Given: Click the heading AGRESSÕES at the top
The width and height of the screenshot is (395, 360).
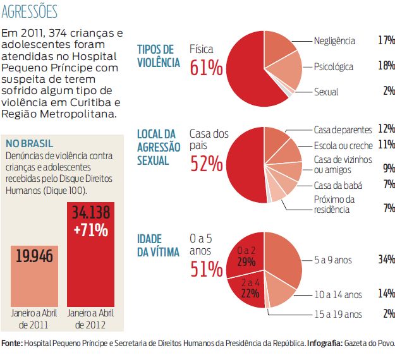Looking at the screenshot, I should coord(30,11).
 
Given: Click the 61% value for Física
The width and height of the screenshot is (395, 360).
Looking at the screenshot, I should coord(206,68).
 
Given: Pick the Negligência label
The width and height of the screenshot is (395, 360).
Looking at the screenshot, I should coord(334,41).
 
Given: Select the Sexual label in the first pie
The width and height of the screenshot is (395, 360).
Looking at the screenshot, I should coord(326,92).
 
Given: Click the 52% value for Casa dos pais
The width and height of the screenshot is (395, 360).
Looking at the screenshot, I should coord(206,164).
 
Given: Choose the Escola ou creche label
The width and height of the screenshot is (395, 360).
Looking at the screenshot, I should coord(343,145).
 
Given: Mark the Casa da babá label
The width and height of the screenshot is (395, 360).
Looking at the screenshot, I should coord(337,185).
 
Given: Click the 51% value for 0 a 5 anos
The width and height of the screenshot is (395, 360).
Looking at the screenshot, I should coord(206,268).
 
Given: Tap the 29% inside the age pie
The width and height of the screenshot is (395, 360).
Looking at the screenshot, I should coord(245,261).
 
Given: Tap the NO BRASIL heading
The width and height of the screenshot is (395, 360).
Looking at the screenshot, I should coord(28,143).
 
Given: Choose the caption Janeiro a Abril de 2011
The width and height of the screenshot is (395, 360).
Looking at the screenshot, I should coord(33,318).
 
